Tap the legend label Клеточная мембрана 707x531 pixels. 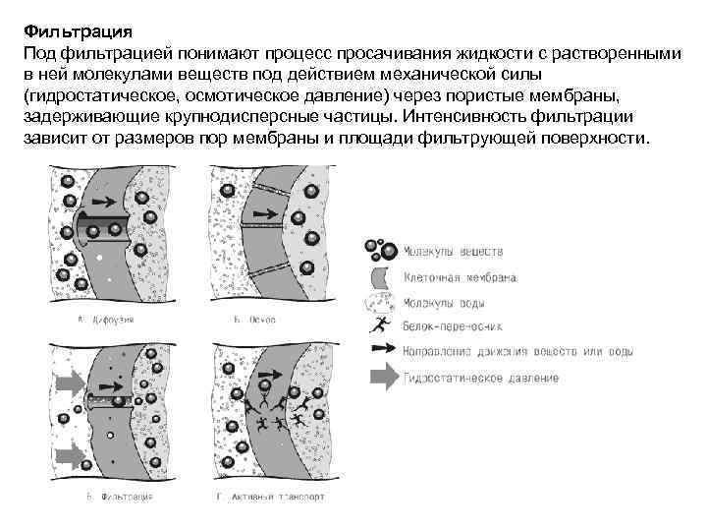pos(461,278)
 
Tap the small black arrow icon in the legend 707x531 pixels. pos(380,349)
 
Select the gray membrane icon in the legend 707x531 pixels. pos(382,277)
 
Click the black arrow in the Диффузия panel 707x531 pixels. pos(110,218)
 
